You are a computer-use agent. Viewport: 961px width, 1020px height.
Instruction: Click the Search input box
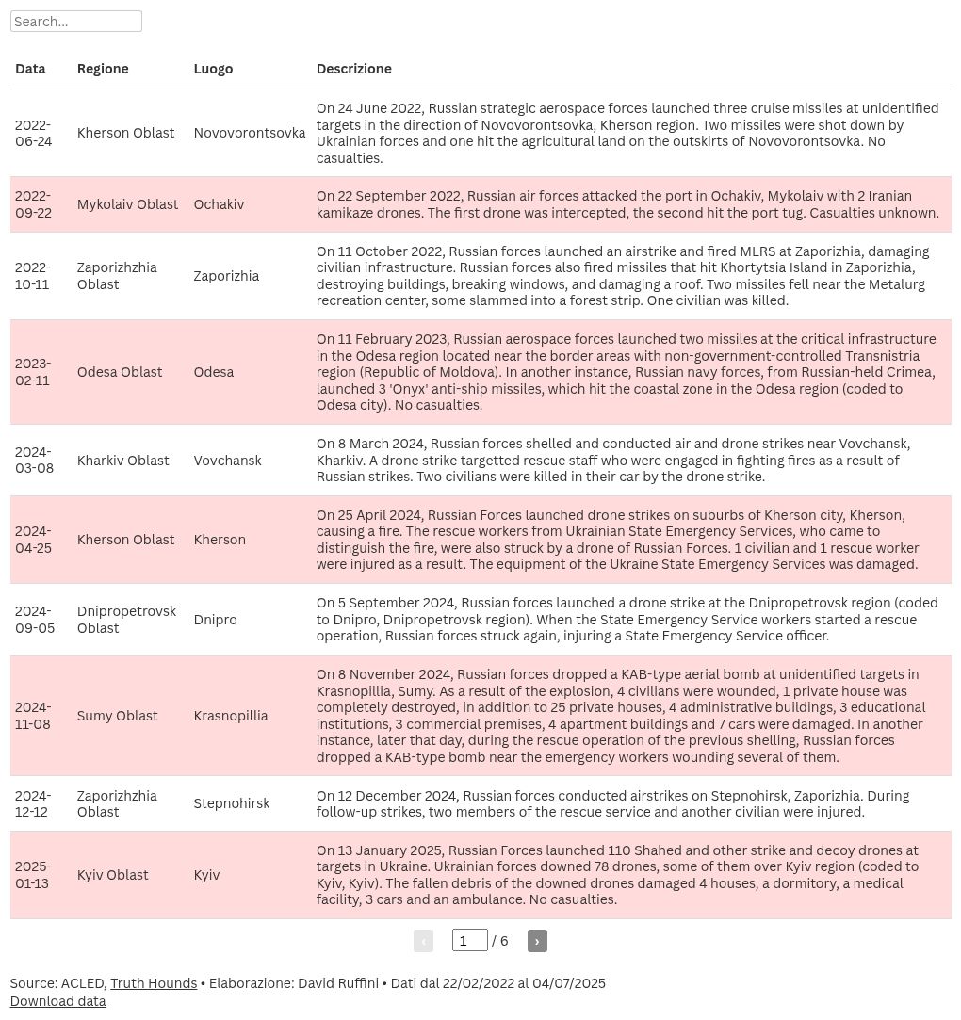[75, 22]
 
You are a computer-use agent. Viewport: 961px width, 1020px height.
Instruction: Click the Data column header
[30, 69]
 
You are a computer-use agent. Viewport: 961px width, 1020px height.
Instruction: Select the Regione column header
[103, 69]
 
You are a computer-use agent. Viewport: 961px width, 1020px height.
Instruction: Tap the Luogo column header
[213, 69]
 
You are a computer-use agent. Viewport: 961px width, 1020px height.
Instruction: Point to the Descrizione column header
[353, 69]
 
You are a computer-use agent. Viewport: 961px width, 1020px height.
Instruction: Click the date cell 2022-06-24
[34, 133]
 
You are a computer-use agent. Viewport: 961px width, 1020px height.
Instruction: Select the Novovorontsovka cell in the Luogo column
[250, 133]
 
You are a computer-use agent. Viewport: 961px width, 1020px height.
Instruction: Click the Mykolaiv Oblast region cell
[127, 204]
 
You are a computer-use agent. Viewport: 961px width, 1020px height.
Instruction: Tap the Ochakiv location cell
[219, 204]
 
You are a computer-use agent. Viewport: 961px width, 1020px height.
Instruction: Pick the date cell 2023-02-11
[34, 372]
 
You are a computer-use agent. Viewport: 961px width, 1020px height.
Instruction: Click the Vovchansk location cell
[227, 461]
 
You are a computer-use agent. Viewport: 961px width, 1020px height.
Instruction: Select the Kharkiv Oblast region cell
[122, 461]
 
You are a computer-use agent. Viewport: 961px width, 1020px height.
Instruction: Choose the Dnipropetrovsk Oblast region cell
[126, 620]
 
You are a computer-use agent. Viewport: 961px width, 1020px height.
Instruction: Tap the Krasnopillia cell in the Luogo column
[231, 716]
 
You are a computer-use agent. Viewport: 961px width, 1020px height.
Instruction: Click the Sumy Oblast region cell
[117, 716]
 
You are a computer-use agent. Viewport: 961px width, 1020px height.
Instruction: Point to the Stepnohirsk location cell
[232, 803]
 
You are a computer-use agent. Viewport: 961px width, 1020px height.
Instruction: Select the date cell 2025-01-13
[34, 875]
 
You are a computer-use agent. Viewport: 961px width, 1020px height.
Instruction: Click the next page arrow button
[537, 941]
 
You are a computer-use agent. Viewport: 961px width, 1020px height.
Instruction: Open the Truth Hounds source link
[154, 983]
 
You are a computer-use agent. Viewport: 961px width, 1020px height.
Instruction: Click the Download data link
[57, 1001]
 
